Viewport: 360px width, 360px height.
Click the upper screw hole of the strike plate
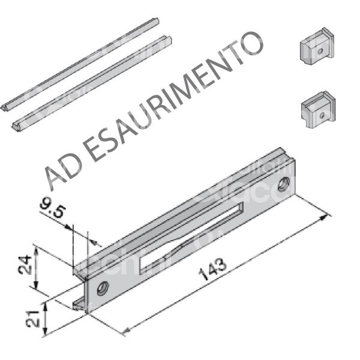tap(284, 182)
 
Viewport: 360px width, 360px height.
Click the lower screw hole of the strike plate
tap(103, 287)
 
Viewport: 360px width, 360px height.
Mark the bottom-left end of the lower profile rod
tap(16, 126)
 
